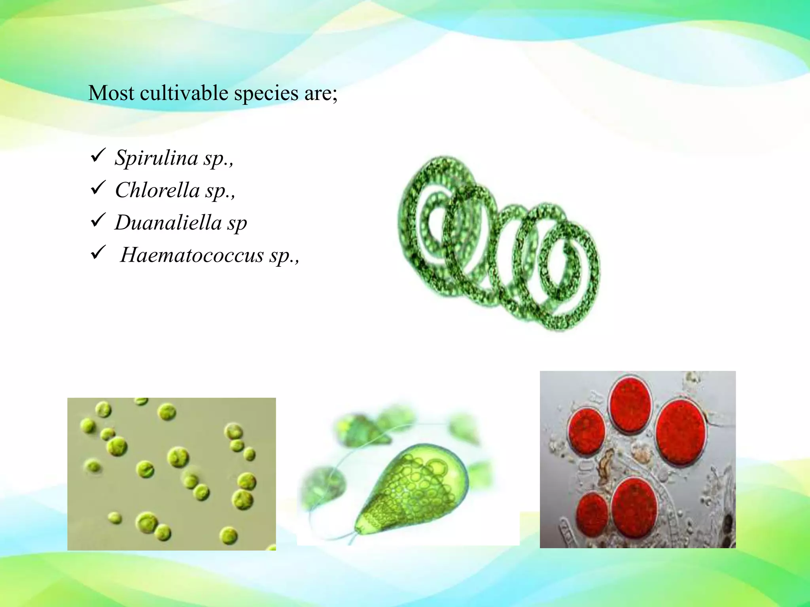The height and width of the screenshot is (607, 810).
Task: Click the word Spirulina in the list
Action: click(x=156, y=158)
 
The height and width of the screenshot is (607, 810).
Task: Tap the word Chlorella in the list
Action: click(x=157, y=190)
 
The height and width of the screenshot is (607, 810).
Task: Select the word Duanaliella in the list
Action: click(x=168, y=222)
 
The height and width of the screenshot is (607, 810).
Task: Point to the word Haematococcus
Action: click(x=192, y=255)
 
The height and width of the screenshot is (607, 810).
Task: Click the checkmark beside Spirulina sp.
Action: click(x=98, y=155)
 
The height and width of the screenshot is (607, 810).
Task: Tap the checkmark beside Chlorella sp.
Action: click(x=98, y=188)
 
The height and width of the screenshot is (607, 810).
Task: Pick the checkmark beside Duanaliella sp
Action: click(x=98, y=220)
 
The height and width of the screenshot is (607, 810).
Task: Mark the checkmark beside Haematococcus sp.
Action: click(x=98, y=253)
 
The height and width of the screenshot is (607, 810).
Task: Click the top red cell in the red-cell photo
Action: click(x=630, y=405)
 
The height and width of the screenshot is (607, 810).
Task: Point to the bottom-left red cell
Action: click(x=592, y=515)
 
